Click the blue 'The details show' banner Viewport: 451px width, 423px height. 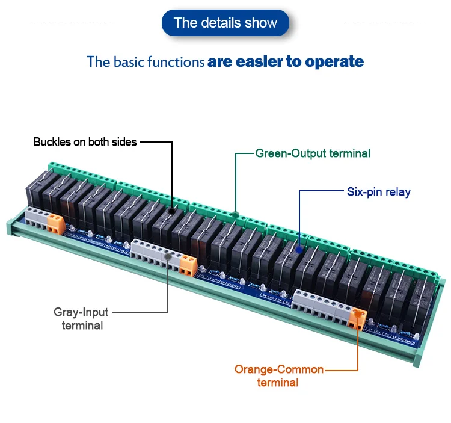(226, 23)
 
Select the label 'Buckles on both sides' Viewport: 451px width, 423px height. (85, 142)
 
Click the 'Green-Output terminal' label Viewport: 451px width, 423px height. (313, 153)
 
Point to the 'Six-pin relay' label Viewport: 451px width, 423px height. (378, 192)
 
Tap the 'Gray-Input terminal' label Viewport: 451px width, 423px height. (82, 319)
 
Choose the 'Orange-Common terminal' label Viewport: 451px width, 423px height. (278, 375)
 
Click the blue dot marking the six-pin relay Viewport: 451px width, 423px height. (299, 247)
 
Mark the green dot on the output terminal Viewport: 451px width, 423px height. (236, 214)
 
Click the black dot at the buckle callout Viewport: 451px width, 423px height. (172, 212)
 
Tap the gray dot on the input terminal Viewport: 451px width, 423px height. (168, 256)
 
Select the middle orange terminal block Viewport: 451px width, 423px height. (188, 264)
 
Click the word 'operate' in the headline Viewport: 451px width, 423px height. (334, 61)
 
